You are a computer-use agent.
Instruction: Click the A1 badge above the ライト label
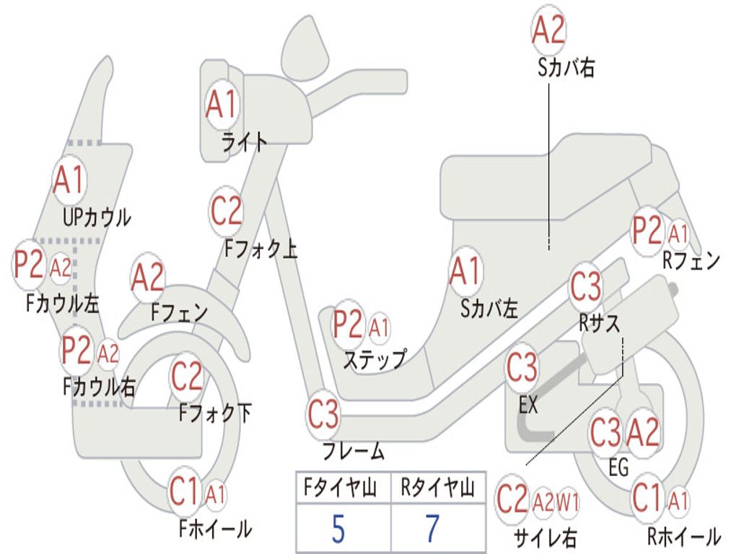(x=221, y=105)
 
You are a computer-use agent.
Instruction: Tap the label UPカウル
(x=97, y=217)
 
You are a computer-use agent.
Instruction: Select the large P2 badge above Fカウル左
(x=29, y=265)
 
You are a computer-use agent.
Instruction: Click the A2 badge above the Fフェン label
(x=148, y=278)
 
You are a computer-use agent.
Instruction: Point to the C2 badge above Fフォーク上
(x=227, y=211)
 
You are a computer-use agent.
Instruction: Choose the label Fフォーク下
(x=215, y=414)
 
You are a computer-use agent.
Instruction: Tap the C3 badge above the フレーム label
(x=323, y=415)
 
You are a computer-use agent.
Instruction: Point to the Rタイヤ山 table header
(x=437, y=489)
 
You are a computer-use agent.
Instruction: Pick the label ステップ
(x=374, y=359)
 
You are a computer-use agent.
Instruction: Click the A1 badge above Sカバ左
(x=465, y=272)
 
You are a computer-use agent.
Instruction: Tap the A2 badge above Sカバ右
(x=548, y=30)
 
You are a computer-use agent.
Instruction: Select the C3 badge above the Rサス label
(x=585, y=287)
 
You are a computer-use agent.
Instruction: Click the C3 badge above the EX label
(x=522, y=369)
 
